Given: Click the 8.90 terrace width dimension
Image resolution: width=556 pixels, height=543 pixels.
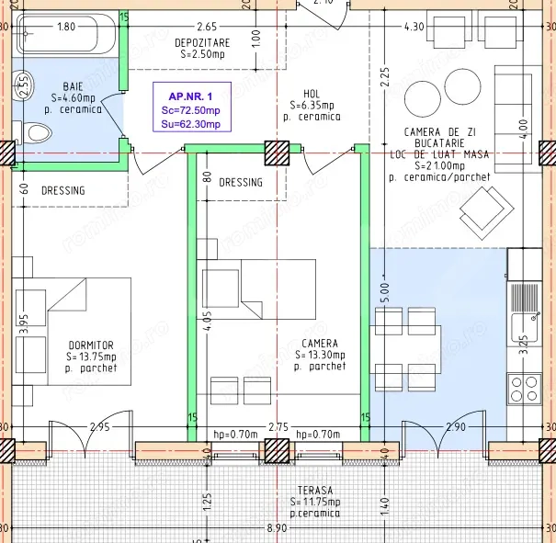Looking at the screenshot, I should point(276,528).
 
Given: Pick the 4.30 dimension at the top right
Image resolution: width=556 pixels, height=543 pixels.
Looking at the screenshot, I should point(414,27).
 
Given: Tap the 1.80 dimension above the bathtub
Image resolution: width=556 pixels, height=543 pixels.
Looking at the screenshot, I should point(66,27).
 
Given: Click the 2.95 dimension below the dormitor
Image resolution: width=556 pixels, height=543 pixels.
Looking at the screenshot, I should point(99,427).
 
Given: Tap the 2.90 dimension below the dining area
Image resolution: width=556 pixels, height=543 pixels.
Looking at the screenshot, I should point(454,427).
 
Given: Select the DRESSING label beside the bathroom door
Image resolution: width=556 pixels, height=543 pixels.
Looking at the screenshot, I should point(63,191).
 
